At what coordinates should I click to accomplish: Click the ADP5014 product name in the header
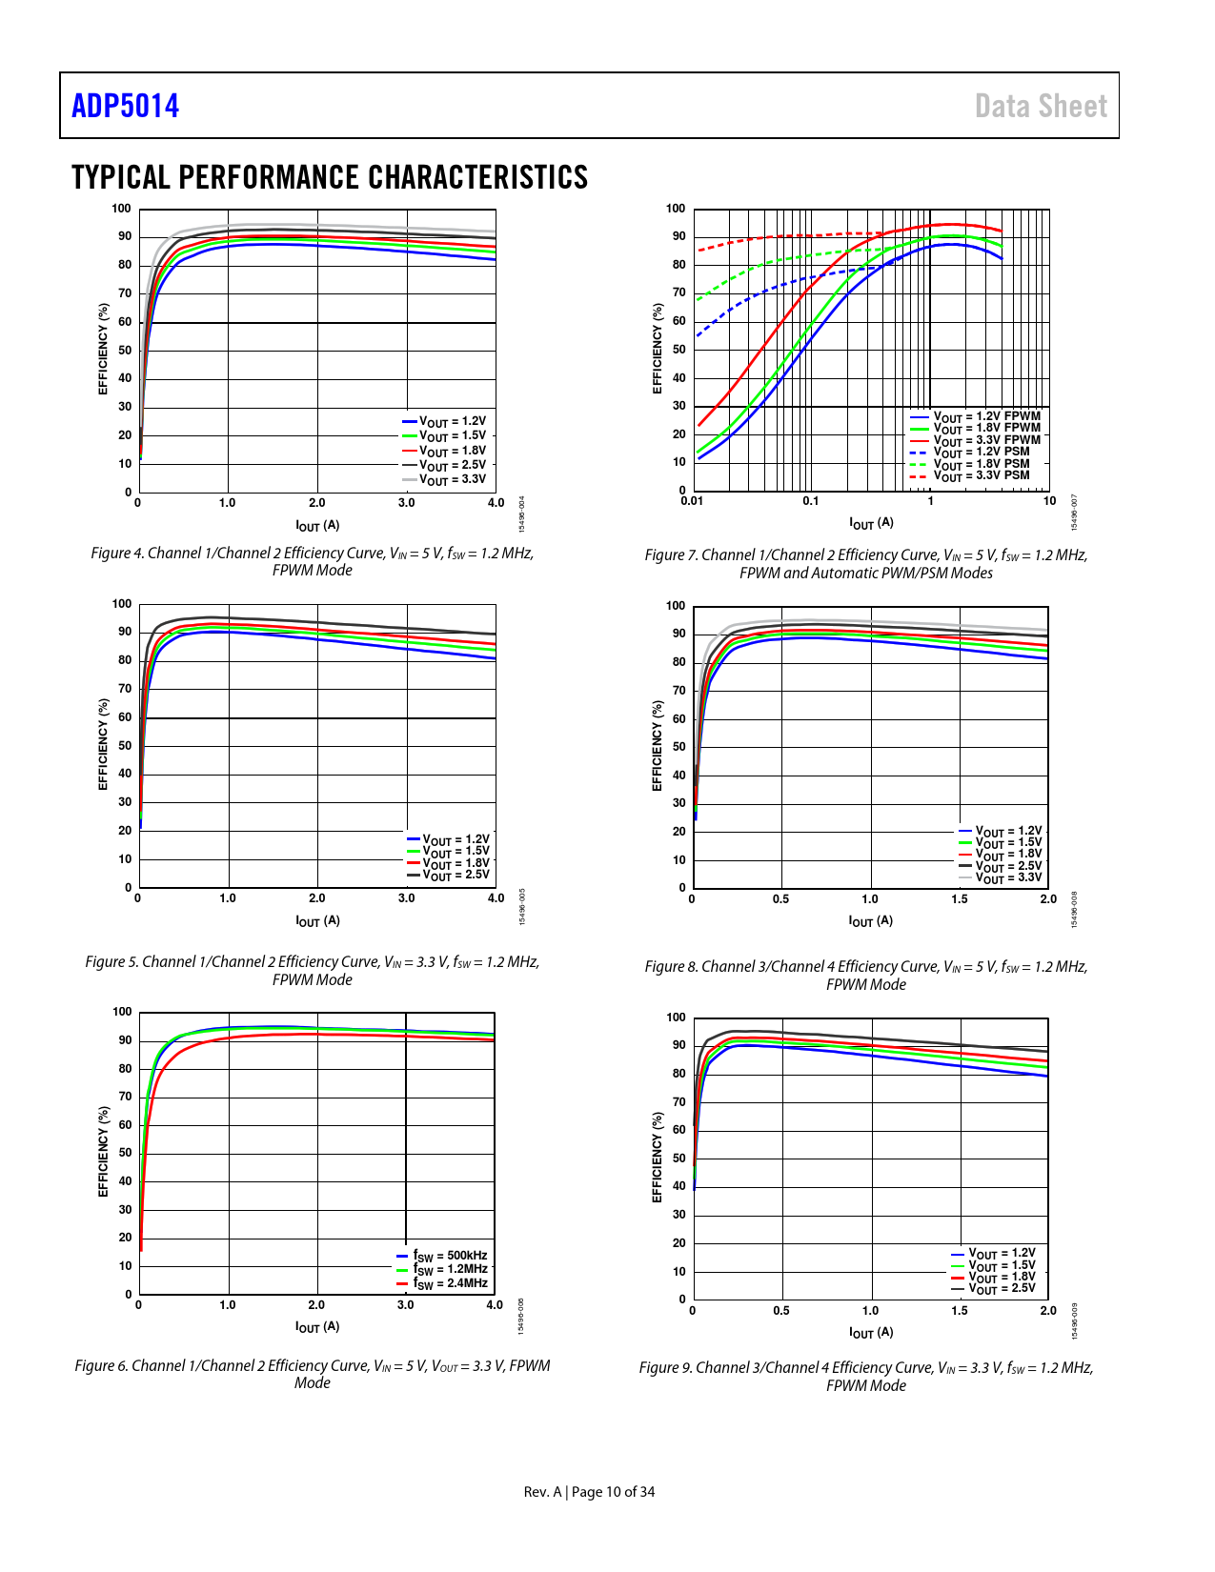[x=125, y=106]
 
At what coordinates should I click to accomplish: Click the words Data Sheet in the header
[x=1041, y=106]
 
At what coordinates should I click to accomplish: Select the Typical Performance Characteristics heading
[x=330, y=177]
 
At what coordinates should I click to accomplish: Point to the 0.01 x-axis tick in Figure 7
[x=691, y=501]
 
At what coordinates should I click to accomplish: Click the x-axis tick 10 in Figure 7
[x=1049, y=501]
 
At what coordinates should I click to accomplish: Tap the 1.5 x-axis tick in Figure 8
[x=959, y=898]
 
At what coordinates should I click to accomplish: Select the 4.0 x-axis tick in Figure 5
[x=496, y=897]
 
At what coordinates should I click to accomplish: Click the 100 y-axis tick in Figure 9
[x=676, y=1018]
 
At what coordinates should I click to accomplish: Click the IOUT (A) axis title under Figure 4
[x=317, y=525]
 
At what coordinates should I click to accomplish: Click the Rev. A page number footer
[x=589, y=1491]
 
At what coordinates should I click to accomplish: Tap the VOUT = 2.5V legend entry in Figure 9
[x=1001, y=1288]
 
